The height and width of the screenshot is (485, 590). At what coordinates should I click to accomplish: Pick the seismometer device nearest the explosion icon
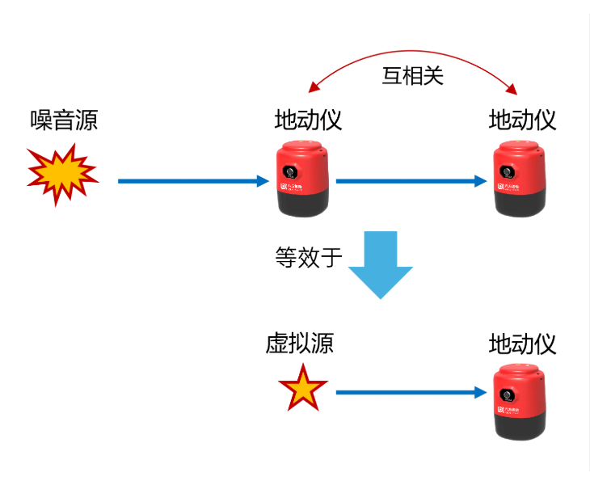302,179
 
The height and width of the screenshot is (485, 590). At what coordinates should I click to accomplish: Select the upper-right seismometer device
520,179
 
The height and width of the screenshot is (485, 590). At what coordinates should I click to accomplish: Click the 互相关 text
413,76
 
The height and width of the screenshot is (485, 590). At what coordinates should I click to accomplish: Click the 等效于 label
309,258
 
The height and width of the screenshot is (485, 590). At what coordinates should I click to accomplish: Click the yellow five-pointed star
303,389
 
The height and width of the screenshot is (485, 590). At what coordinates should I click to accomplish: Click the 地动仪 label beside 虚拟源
522,344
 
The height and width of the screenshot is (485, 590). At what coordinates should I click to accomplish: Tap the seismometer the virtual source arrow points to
520,401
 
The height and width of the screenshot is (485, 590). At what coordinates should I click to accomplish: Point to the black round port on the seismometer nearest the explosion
289,172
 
